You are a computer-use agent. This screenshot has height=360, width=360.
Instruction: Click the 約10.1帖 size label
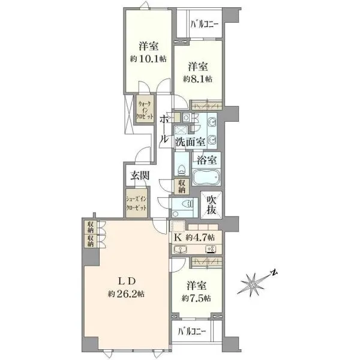pyautogui.click(x=148, y=59)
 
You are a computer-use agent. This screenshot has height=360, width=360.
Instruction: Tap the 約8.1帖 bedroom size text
pyautogui.click(x=197, y=79)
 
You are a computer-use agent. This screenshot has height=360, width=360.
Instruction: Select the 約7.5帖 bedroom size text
pyautogui.click(x=196, y=298)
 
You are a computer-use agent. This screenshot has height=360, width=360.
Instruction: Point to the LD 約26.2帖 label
pyautogui.click(x=126, y=287)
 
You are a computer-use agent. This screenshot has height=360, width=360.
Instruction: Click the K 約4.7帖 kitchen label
pyautogui.click(x=194, y=238)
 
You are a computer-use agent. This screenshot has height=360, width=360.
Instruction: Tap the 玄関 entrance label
pyautogui.click(x=140, y=176)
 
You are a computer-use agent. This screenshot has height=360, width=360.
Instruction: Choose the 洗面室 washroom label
pyautogui.click(x=190, y=142)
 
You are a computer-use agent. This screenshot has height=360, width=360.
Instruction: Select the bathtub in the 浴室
pyautogui.click(x=206, y=177)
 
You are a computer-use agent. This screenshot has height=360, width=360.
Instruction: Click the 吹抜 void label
pyautogui.click(x=211, y=205)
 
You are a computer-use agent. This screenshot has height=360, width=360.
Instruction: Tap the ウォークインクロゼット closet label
pyautogui.click(x=145, y=110)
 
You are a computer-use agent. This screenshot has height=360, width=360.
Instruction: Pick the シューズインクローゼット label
pyautogui.click(x=136, y=203)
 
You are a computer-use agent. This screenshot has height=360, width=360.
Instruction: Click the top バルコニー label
pyautogui.click(x=205, y=24)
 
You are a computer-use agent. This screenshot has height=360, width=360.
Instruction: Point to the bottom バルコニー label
pyautogui.click(x=192, y=331)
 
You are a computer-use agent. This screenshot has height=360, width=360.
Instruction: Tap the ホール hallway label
pyautogui.click(x=164, y=129)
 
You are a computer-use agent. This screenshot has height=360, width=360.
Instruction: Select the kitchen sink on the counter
pyautogui.click(x=181, y=249)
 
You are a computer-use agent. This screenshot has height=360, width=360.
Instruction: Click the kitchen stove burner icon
pyautogui.click(x=211, y=250)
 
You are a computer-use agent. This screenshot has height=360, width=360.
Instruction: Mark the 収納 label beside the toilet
pyautogui.click(x=182, y=187)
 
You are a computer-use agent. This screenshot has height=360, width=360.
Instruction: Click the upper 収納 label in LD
pyautogui.click(x=91, y=227)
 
